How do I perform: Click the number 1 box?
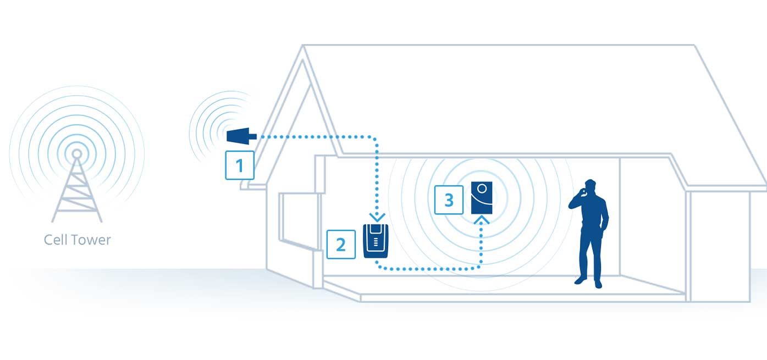(240, 165)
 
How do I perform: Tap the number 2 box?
(341, 244)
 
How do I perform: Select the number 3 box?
(449, 200)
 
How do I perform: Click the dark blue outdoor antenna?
(241, 136)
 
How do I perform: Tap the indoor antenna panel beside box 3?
(482, 198)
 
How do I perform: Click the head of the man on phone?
(590, 186)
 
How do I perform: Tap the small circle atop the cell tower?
(77, 153)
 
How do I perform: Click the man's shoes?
(588, 281)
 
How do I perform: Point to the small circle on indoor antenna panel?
(482, 189)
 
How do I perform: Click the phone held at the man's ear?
(584, 191)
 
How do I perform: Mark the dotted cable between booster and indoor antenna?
(429, 269)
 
